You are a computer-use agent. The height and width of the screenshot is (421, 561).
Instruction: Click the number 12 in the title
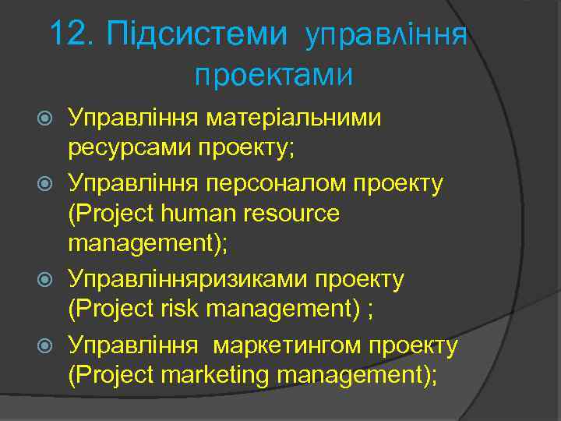pos(72,34)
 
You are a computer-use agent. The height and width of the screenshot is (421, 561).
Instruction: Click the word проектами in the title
pos(273,75)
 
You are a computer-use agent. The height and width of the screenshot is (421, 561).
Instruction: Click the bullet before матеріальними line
pos(45,119)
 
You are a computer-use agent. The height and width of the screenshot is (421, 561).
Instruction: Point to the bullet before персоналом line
pos(45,184)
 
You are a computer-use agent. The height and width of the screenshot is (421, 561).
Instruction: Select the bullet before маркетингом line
pos(45,344)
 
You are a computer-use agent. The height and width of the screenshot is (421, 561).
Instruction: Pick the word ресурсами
pos(129,148)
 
